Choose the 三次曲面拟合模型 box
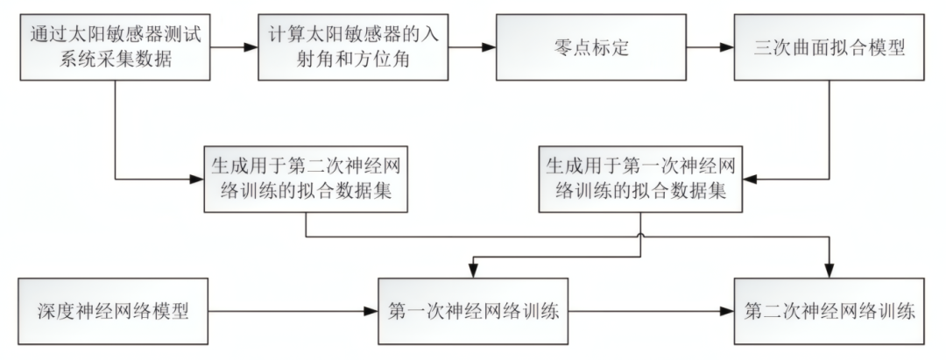click(829, 47)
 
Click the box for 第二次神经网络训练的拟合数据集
click(307, 179)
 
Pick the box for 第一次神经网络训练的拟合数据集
click(641, 179)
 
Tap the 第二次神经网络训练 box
click(829, 311)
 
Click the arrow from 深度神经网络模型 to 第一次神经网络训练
click(289, 311)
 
